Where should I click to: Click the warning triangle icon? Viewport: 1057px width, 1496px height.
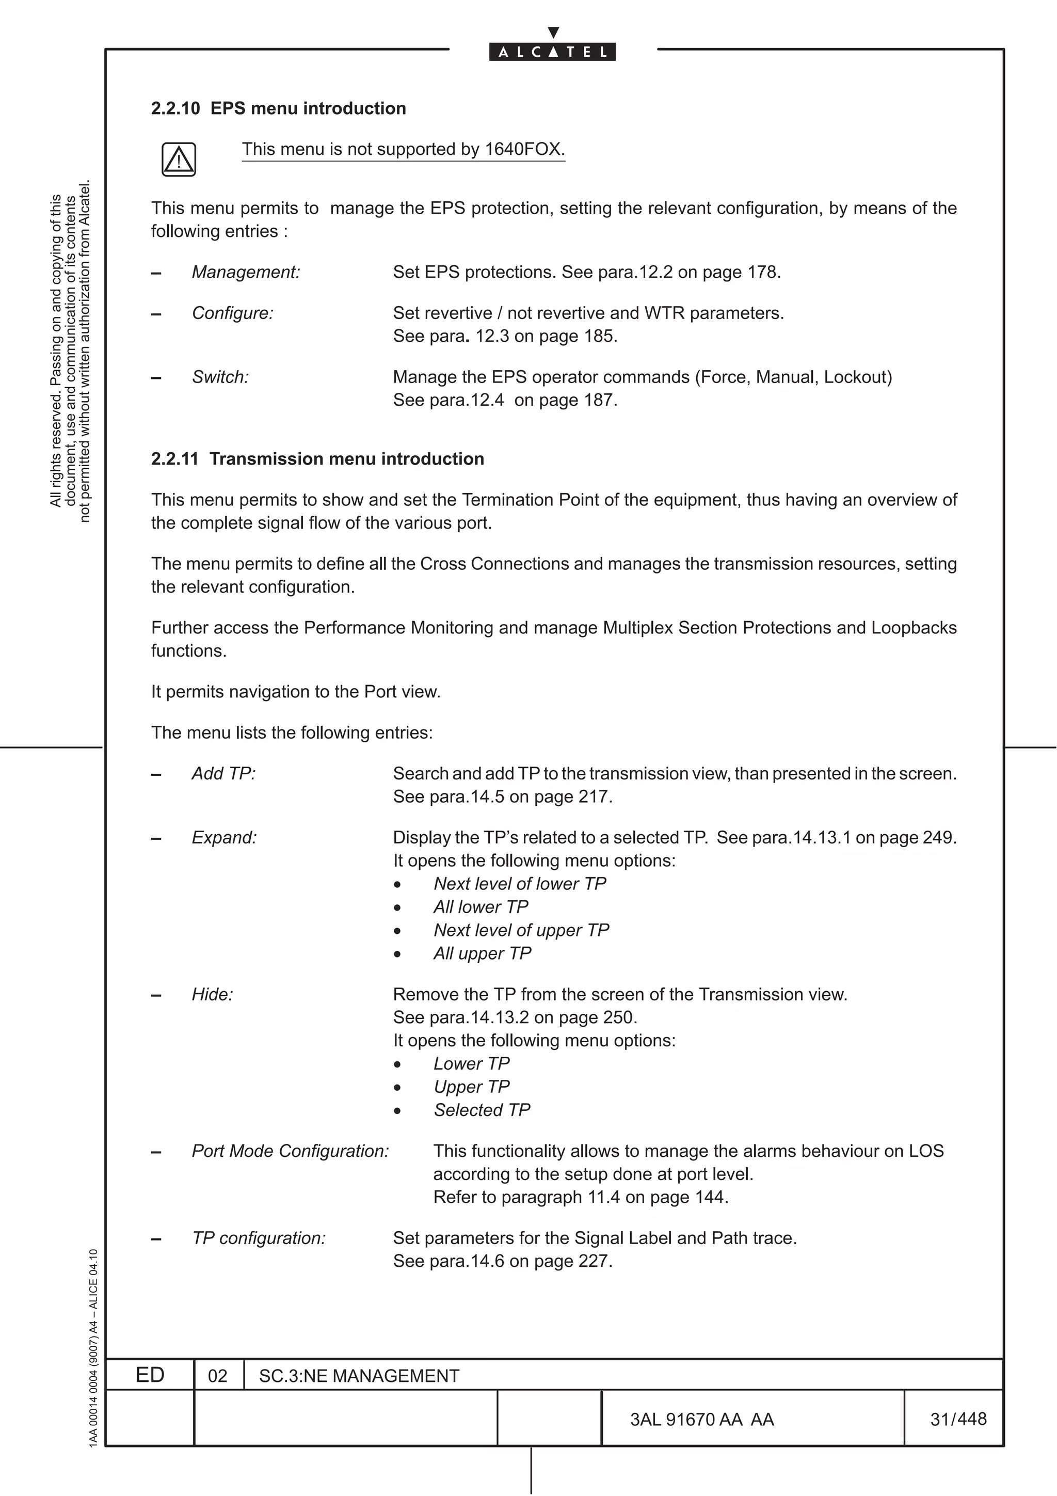point(179,160)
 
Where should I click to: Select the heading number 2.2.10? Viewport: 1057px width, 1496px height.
point(175,108)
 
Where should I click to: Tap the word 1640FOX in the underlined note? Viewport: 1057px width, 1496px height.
point(524,149)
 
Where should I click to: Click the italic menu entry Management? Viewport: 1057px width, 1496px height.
point(246,273)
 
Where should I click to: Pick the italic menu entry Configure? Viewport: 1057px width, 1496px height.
point(232,313)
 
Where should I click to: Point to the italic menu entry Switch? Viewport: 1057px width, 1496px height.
point(220,377)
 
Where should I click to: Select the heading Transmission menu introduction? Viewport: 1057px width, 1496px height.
point(346,459)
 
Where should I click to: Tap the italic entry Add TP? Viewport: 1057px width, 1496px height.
point(223,773)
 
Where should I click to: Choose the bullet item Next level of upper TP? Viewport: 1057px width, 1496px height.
point(521,930)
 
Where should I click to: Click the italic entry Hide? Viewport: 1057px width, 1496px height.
point(212,994)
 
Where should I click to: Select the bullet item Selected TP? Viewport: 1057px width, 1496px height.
point(482,1110)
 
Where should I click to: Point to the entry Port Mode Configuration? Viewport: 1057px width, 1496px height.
point(290,1151)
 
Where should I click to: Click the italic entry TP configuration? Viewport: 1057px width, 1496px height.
point(259,1238)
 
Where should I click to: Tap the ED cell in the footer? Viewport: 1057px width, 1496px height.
point(150,1375)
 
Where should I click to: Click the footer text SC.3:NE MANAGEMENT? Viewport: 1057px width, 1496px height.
point(359,1376)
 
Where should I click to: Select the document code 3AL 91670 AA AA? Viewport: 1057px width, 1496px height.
point(701,1419)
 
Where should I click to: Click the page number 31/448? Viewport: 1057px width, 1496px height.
point(958,1419)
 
